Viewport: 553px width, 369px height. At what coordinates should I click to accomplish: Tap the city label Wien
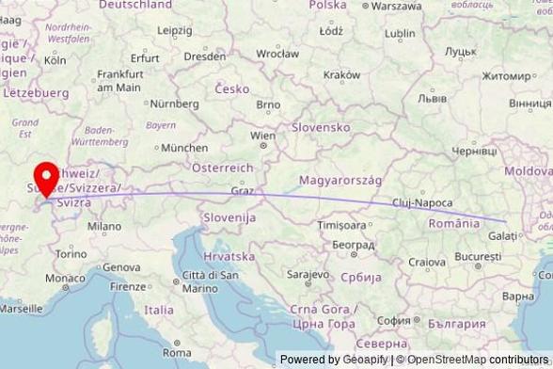pyautogui.click(x=262, y=136)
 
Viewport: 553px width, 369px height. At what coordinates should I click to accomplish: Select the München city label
pyautogui.click(x=184, y=148)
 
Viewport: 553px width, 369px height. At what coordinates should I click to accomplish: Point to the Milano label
pyautogui.click(x=103, y=226)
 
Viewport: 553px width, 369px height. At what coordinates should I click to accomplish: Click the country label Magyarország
pyautogui.click(x=340, y=180)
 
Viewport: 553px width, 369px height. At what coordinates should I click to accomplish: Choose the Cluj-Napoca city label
pyautogui.click(x=423, y=202)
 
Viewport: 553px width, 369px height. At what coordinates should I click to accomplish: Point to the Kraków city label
pyautogui.click(x=341, y=74)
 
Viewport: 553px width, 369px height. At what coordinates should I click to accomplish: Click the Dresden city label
pyautogui.click(x=205, y=56)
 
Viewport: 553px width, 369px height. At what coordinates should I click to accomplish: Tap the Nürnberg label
pyautogui.click(x=175, y=103)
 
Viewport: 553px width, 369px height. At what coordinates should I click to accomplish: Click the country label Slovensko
pyautogui.click(x=321, y=127)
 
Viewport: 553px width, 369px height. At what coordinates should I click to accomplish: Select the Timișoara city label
pyautogui.click(x=341, y=226)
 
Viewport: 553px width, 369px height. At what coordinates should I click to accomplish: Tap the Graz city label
pyautogui.click(x=243, y=190)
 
